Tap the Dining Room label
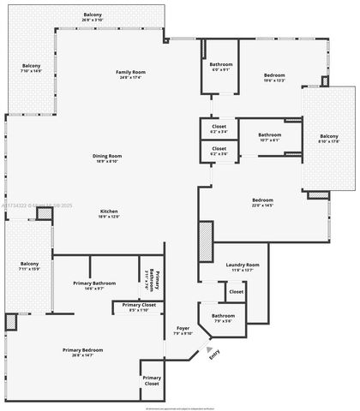tap(109, 156)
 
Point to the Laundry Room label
tap(243, 265)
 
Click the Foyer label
tap(183, 328)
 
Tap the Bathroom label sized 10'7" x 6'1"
tap(270, 134)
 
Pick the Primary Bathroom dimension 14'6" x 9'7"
tap(88, 289)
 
